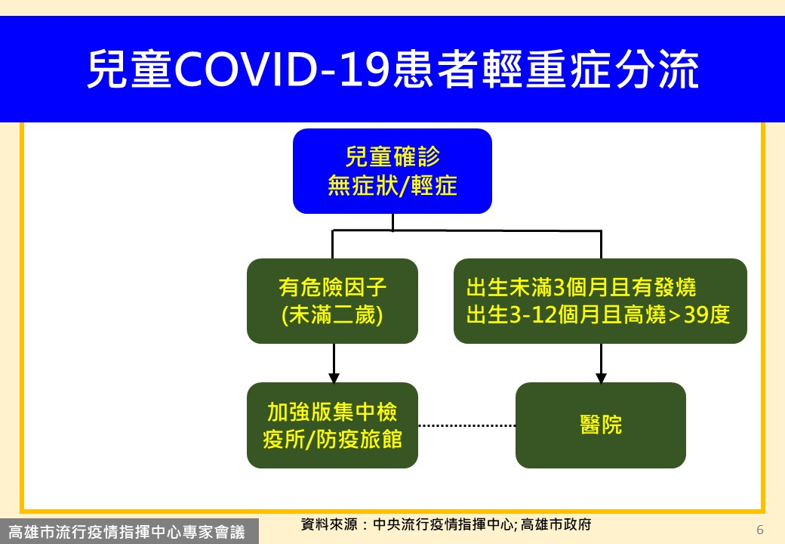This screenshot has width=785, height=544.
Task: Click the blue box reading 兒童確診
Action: [x=392, y=172]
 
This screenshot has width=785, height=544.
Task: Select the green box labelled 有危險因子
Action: [x=332, y=301]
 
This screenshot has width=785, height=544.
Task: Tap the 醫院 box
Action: [x=601, y=425]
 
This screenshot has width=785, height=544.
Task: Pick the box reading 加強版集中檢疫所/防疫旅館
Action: [x=332, y=425]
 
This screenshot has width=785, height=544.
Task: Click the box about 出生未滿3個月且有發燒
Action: [x=600, y=301]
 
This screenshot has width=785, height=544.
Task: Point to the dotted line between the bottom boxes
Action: [x=466, y=426]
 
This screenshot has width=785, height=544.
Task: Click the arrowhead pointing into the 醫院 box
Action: [x=602, y=379]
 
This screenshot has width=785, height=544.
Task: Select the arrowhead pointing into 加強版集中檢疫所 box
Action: [x=334, y=379]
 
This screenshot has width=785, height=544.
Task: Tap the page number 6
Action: [x=760, y=530]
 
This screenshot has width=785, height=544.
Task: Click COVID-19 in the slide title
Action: [x=282, y=69]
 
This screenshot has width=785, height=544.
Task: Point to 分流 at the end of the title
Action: [x=657, y=69]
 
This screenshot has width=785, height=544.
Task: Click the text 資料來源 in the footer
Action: [x=329, y=524]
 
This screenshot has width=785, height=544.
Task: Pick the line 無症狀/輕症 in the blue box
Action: [x=392, y=186]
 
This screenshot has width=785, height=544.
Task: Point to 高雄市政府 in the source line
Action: [x=556, y=524]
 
